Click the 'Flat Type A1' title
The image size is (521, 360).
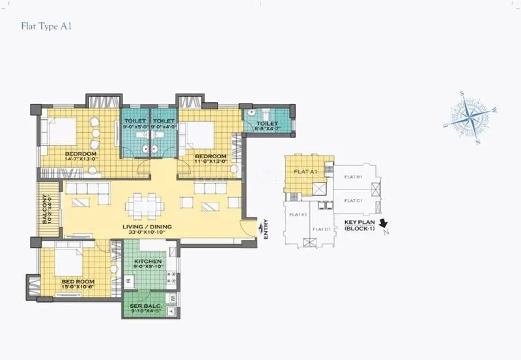coord(46,27)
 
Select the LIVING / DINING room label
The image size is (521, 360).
coord(147,227)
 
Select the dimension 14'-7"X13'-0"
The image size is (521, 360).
coord(81,159)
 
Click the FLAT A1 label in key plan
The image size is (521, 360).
coord(305,172)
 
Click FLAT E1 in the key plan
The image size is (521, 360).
coord(298,214)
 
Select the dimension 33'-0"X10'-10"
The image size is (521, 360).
coord(147,232)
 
